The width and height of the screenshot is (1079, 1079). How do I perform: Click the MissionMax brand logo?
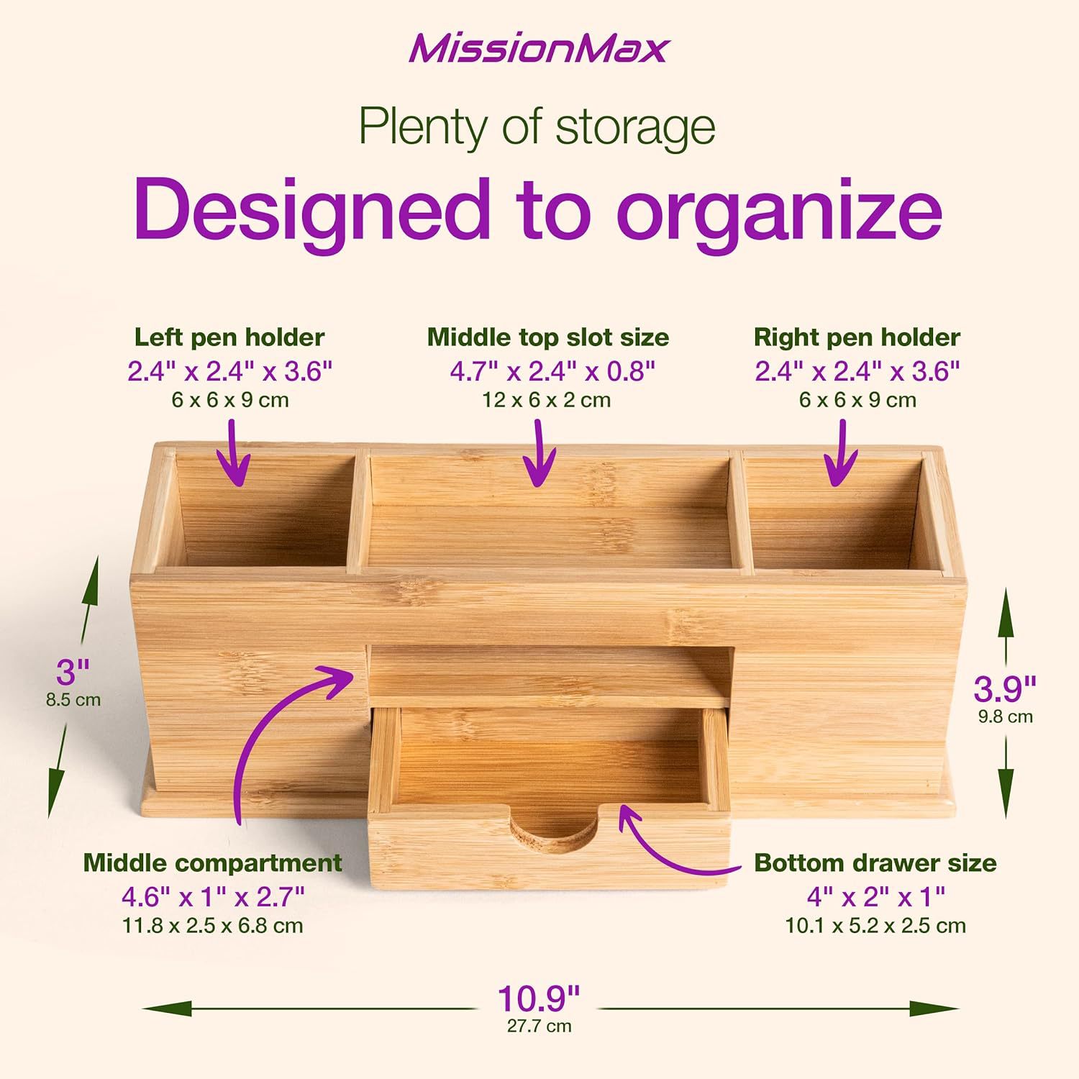point(539,49)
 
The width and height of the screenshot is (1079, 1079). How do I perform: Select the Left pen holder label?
point(229,337)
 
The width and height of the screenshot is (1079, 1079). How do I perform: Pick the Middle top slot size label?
point(548,337)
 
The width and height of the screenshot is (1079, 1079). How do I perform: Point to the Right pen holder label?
point(857,337)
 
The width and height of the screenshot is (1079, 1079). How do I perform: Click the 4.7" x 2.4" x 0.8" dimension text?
point(552,372)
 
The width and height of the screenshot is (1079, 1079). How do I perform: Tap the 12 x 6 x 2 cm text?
point(547,400)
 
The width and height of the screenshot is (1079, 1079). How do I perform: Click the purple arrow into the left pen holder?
point(235,453)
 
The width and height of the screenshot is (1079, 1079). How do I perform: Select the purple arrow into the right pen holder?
point(840,453)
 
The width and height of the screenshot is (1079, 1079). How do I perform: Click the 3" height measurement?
point(73,673)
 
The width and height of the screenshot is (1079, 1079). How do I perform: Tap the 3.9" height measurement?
point(1005,689)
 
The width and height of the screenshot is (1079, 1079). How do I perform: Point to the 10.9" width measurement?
point(539,998)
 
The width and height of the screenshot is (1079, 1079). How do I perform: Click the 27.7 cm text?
point(539,1026)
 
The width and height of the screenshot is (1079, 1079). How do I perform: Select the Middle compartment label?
point(212,862)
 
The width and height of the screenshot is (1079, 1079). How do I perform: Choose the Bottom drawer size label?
point(875,862)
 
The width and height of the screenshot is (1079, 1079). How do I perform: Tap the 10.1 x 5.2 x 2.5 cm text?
point(875,926)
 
